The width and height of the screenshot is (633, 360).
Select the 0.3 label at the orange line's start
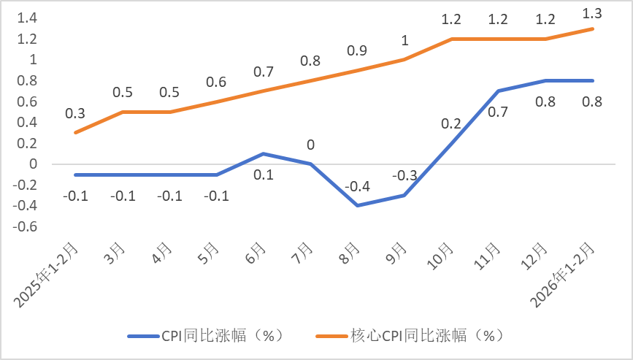(75, 113)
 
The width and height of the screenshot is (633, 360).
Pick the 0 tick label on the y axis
(32, 164)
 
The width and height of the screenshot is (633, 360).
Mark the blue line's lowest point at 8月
(358, 206)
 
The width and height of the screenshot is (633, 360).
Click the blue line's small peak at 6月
(264, 153)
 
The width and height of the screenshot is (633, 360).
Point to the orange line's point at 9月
(404, 59)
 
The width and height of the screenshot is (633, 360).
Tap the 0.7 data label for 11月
(499, 112)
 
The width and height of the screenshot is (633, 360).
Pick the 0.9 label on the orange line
(358, 51)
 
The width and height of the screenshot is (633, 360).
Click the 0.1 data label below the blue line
(264, 174)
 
